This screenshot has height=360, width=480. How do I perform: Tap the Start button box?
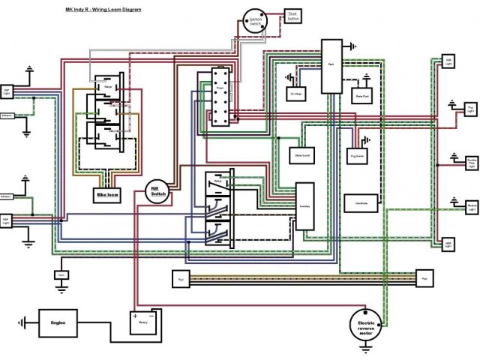292,17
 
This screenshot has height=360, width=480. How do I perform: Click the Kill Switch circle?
158,191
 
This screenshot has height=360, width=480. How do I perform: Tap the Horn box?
61,275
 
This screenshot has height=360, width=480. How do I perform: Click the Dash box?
331,66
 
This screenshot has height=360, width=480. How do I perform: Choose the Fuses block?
220,99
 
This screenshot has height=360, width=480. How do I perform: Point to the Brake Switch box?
303,154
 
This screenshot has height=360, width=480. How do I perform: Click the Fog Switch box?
358,156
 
